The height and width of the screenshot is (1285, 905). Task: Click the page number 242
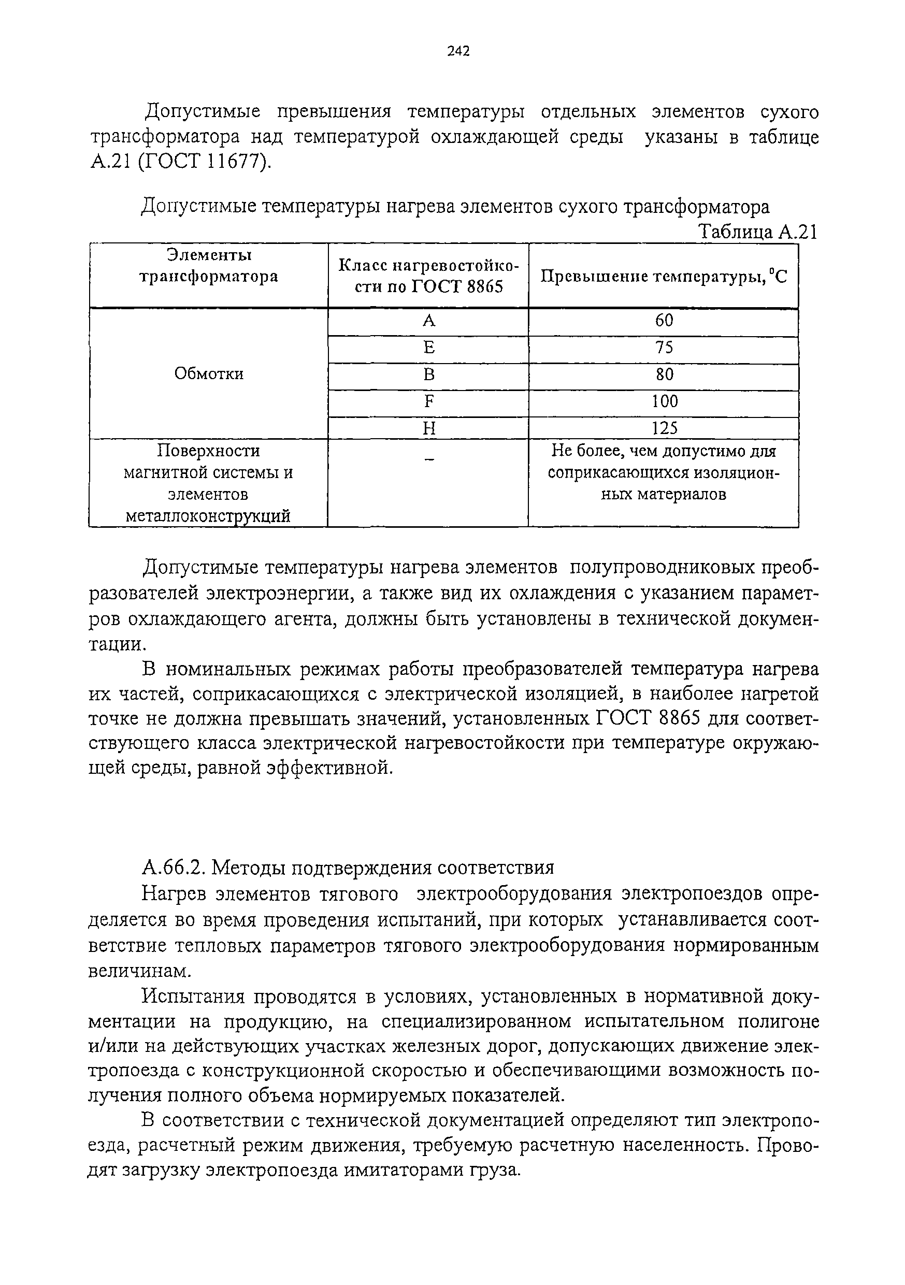458,51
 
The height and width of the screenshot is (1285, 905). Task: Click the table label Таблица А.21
758,232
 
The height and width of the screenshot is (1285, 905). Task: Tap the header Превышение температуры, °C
663,277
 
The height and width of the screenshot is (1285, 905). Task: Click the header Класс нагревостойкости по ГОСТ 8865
429,276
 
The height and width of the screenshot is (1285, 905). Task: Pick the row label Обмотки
209,374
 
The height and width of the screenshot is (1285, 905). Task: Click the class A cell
429,321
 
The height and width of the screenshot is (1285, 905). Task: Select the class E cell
429,348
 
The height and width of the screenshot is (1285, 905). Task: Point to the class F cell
429,402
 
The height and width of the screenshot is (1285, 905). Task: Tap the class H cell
429,429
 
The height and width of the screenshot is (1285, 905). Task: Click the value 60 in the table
664,321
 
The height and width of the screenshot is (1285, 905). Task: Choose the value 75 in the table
664,348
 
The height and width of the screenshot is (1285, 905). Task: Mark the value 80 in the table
664,374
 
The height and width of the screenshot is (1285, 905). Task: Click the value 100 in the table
664,401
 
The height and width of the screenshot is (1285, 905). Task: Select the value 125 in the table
664,428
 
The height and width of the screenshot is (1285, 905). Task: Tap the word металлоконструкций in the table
208,516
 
